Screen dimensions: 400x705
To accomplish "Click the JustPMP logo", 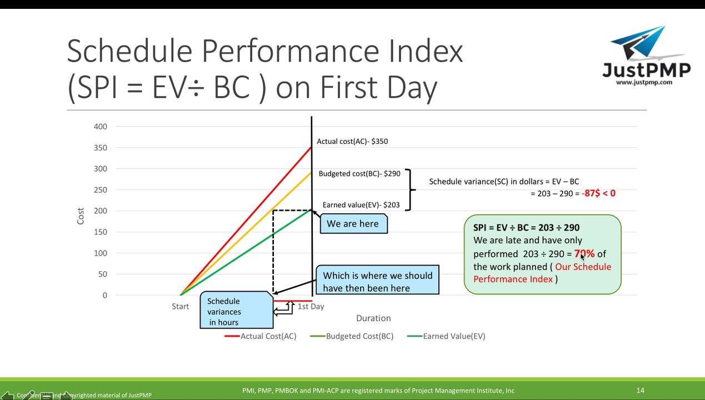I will click(646, 56).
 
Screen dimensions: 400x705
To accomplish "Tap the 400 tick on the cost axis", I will click(101, 127).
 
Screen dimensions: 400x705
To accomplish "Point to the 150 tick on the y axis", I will click(101, 232).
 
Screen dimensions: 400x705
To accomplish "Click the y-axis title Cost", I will click(81, 216).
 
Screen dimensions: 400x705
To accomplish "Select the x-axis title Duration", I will click(373, 318).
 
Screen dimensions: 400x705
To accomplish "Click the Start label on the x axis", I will click(180, 307).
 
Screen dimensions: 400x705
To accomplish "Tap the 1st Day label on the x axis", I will click(311, 307).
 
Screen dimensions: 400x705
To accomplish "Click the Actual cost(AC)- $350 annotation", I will click(352, 142).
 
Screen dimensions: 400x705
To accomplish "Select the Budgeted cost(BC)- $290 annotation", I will click(359, 174).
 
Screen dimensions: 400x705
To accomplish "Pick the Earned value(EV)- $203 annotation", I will click(361, 205).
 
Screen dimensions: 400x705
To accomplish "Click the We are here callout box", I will click(353, 224).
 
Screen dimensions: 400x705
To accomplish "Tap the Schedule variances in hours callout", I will click(236, 312).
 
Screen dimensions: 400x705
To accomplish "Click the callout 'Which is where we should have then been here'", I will click(377, 282).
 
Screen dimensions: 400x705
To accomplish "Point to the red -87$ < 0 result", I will click(598, 193).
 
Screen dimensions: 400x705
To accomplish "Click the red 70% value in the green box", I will click(584, 254).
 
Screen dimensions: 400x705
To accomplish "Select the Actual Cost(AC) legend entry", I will click(261, 336).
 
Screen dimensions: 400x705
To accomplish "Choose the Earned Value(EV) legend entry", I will click(447, 336).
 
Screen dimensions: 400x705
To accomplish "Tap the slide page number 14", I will click(640, 391).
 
